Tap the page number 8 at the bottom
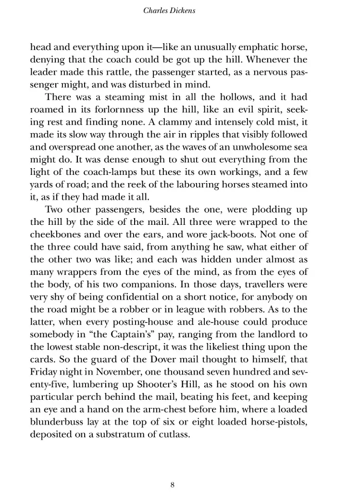coord(173,471)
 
